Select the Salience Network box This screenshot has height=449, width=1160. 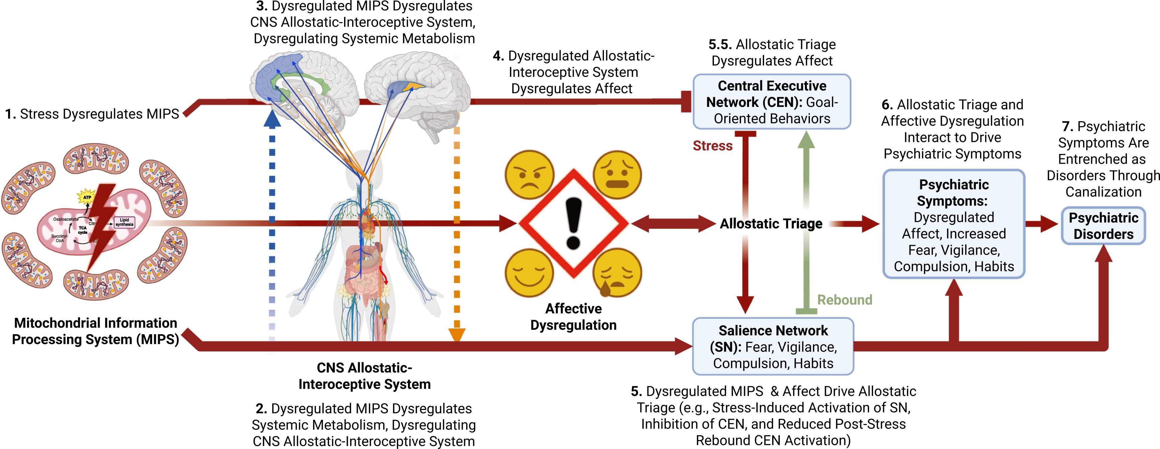[x=773, y=346]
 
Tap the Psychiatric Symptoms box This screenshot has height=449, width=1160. [x=954, y=224]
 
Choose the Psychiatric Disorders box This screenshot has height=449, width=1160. [x=1103, y=226]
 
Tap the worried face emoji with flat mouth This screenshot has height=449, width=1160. [x=617, y=175]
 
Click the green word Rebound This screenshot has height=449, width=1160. [x=844, y=300]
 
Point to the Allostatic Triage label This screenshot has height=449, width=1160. [x=771, y=223]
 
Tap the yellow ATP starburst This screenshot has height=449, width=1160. [x=87, y=197]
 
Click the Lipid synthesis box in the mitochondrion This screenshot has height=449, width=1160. [x=124, y=222]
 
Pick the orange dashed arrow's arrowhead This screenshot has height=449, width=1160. [x=457, y=335]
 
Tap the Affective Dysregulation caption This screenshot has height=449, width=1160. [x=573, y=317]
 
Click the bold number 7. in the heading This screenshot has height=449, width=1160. [x=1067, y=126]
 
